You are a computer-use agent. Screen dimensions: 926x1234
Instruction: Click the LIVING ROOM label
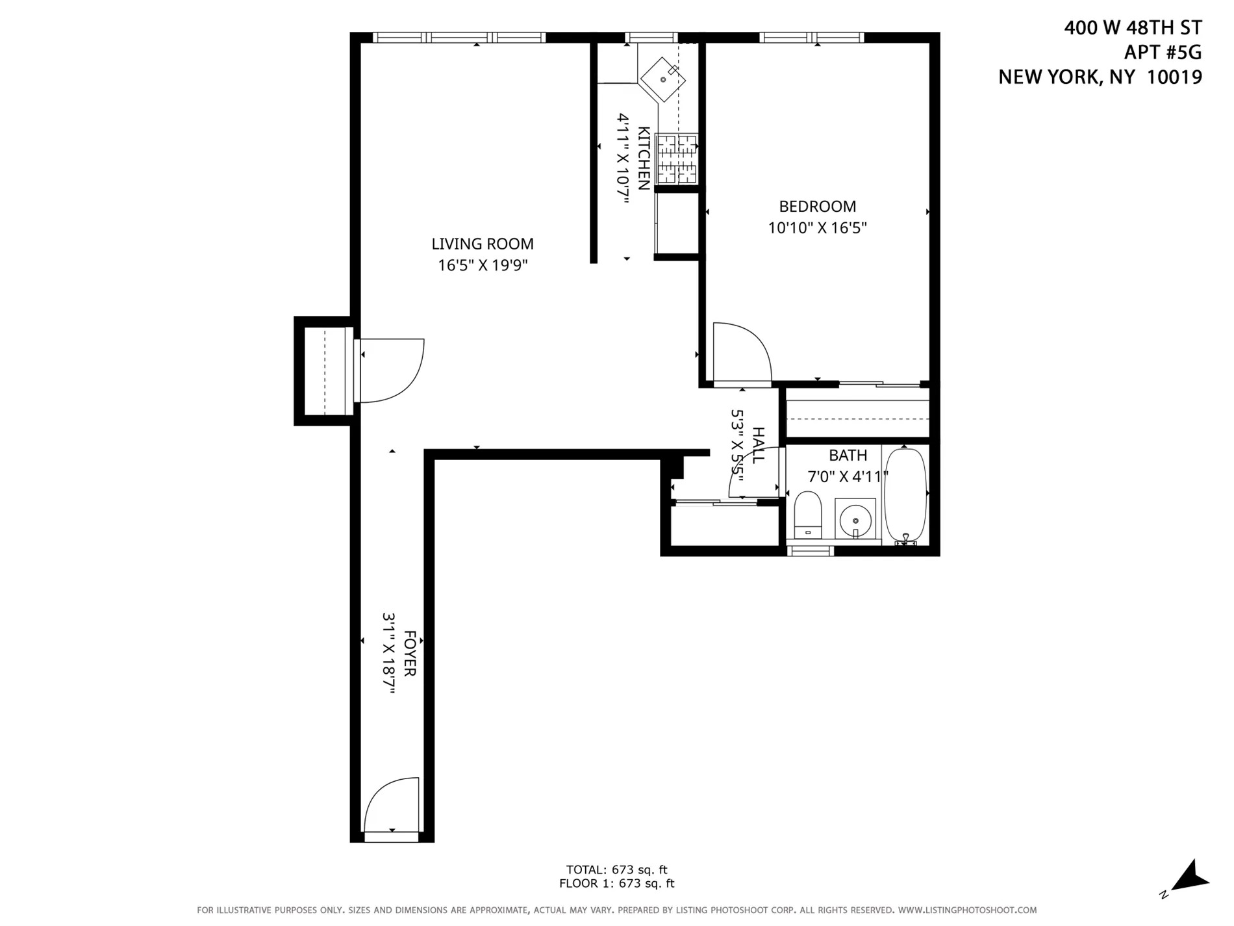point(483,244)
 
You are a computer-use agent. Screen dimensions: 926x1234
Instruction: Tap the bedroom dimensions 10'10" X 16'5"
point(817,228)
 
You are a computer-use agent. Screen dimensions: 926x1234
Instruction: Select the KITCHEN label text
point(644,159)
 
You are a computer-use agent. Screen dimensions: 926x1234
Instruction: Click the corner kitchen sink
point(663,79)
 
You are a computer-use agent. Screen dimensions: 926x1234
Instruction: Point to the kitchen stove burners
point(677,159)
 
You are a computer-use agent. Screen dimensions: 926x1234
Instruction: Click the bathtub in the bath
point(905,494)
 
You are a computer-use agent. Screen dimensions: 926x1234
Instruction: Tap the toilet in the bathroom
point(808,515)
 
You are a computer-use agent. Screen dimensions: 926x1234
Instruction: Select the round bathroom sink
point(855,519)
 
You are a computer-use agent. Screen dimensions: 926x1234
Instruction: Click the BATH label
point(848,456)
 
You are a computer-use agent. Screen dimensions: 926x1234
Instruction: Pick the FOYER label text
point(410,653)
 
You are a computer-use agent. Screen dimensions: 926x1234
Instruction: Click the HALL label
point(758,445)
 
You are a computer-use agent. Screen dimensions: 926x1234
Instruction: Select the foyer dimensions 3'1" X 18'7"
point(389,653)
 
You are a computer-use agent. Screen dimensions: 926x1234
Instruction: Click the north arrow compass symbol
point(1192,878)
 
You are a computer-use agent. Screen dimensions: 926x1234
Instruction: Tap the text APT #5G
point(1163,52)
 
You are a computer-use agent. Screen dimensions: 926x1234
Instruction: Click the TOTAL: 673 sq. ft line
point(616,869)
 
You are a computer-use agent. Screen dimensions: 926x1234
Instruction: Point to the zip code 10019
point(1174,77)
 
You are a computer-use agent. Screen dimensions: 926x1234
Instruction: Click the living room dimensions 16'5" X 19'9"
point(483,265)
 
